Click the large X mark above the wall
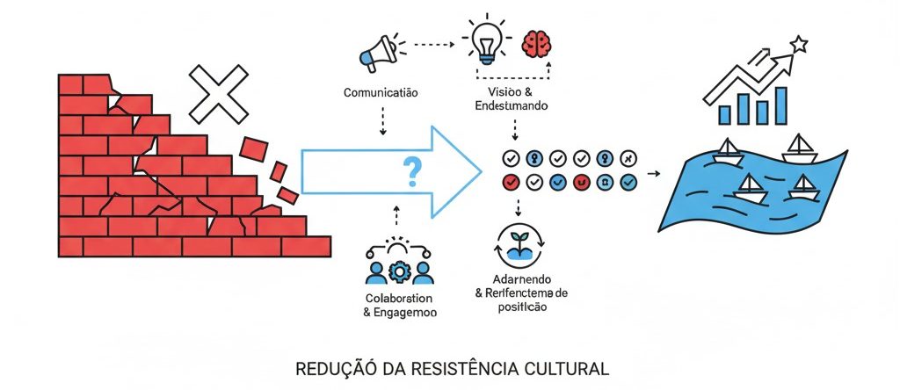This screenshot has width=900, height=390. (219, 94)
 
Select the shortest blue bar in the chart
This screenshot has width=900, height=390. (725, 114)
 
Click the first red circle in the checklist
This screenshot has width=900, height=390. (509, 182)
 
